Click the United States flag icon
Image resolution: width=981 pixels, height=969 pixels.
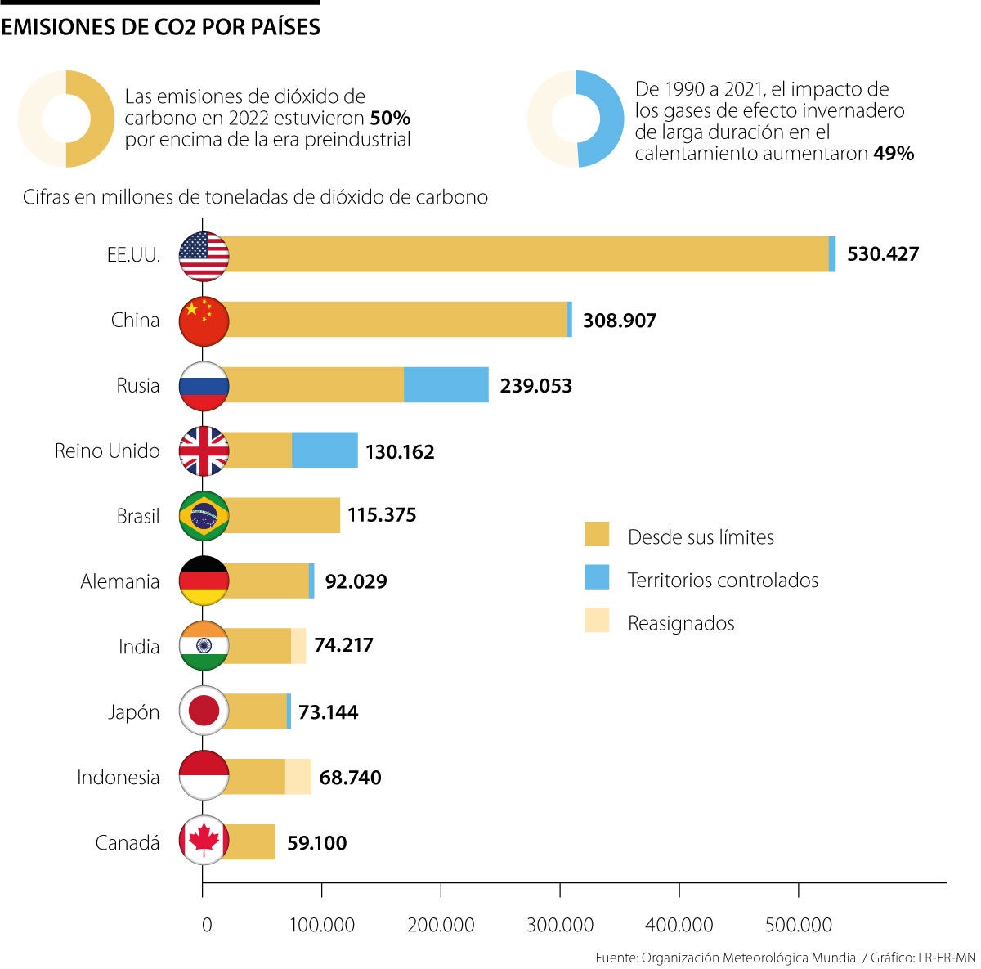(204, 255)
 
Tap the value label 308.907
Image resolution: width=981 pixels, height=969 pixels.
(619, 321)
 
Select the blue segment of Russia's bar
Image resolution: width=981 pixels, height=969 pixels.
(446, 385)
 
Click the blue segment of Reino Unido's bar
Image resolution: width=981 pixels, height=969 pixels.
(325, 451)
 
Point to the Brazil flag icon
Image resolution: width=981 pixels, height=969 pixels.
(204, 516)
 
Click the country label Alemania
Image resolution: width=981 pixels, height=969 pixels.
(119, 581)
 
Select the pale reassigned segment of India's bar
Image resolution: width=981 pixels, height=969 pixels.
(299, 646)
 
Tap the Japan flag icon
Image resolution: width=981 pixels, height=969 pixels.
(204, 711)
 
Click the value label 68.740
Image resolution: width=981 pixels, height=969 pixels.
(350, 778)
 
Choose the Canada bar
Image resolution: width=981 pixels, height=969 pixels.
(249, 842)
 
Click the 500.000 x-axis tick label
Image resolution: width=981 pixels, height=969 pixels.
(799, 925)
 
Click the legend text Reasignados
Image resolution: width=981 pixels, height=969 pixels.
(681, 623)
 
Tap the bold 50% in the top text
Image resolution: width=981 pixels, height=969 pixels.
(390, 118)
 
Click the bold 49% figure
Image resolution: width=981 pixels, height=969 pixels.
(894, 153)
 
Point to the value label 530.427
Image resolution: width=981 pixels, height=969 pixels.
(883, 254)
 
